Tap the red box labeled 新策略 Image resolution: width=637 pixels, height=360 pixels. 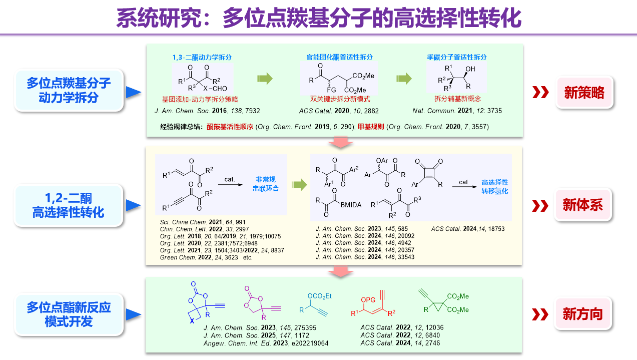583,92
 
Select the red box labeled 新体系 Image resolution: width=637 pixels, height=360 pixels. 583,205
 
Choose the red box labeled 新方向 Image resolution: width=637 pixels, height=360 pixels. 583,314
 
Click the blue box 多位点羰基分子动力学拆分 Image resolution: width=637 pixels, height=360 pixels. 69,90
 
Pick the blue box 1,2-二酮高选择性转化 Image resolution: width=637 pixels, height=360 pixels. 69,205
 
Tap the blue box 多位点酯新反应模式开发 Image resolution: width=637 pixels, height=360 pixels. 69,314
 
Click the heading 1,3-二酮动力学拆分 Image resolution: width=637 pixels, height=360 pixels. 199,57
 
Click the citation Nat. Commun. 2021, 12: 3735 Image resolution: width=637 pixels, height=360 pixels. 457,110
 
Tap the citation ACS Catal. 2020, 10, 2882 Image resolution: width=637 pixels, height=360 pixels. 339,110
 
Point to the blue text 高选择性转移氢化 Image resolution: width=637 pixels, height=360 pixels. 494,186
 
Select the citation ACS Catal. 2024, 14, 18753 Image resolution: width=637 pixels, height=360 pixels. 468,229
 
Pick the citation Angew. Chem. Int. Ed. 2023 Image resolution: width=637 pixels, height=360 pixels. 266,343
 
